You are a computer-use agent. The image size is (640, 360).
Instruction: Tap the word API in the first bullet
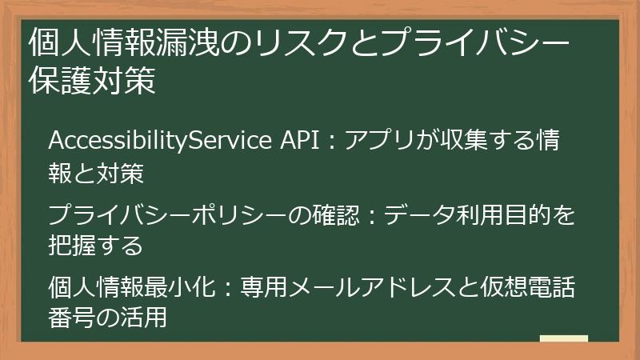point(303,142)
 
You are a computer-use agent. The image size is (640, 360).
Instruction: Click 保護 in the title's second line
point(60,82)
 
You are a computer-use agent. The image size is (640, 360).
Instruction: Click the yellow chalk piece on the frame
point(564,340)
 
